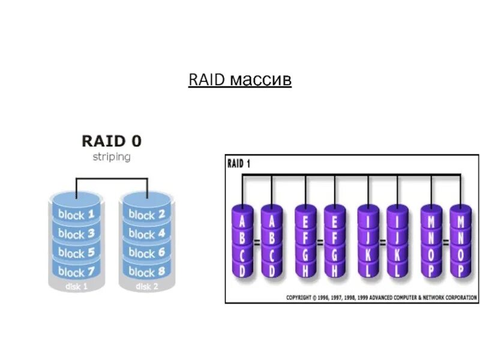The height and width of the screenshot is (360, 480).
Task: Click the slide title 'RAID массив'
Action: pyautogui.click(x=239, y=80)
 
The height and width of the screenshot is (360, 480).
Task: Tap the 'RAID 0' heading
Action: pyautogui.click(x=112, y=141)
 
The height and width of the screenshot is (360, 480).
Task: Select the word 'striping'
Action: pyautogui.click(x=112, y=157)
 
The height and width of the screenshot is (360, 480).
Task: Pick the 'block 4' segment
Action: pyautogui.click(x=147, y=233)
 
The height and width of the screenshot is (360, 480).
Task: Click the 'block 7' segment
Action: pyautogui.click(x=77, y=271)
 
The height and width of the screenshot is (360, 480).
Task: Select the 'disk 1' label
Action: pyautogui.click(x=77, y=287)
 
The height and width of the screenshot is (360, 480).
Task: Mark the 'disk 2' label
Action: pyautogui.click(x=147, y=287)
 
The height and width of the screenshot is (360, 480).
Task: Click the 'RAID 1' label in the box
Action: pyautogui.click(x=239, y=164)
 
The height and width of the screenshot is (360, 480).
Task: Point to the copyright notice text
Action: pyautogui.click(x=382, y=298)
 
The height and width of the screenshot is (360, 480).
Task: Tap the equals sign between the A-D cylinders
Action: pyautogui.click(x=257, y=242)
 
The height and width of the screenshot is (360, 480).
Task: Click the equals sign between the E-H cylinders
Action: pyautogui.click(x=320, y=242)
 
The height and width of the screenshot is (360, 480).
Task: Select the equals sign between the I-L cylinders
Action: pyautogui.click(x=383, y=242)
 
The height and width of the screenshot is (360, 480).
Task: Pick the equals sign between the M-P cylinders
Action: pyautogui.click(x=446, y=242)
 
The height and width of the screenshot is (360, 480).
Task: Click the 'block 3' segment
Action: pyautogui.click(x=77, y=233)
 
